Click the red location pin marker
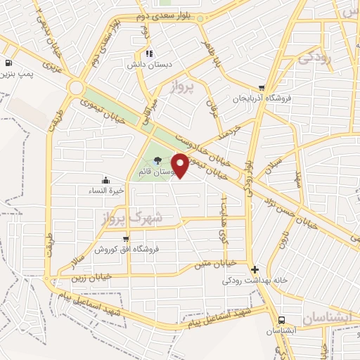point(181,165)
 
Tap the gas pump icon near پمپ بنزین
point(7,61)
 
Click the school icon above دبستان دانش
point(148,53)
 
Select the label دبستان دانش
point(147,65)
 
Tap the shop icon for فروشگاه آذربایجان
point(262,87)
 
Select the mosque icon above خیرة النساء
point(105,179)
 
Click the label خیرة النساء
point(105,190)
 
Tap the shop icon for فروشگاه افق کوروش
point(126,239)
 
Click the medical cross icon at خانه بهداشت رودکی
point(255,269)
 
